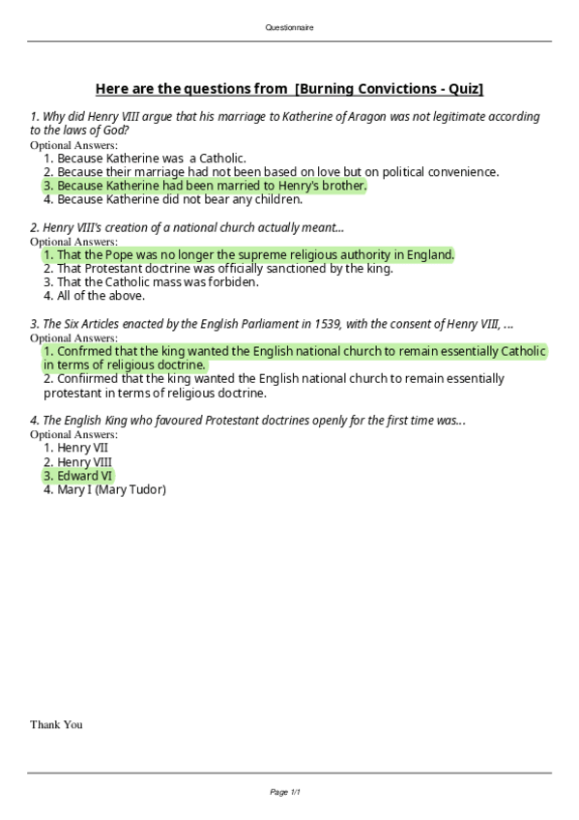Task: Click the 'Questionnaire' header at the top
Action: coord(289,28)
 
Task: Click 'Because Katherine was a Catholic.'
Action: coord(152,158)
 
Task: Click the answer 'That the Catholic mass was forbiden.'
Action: coord(158,282)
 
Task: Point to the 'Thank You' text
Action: coord(56,724)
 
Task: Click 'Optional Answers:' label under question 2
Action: coord(73,241)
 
